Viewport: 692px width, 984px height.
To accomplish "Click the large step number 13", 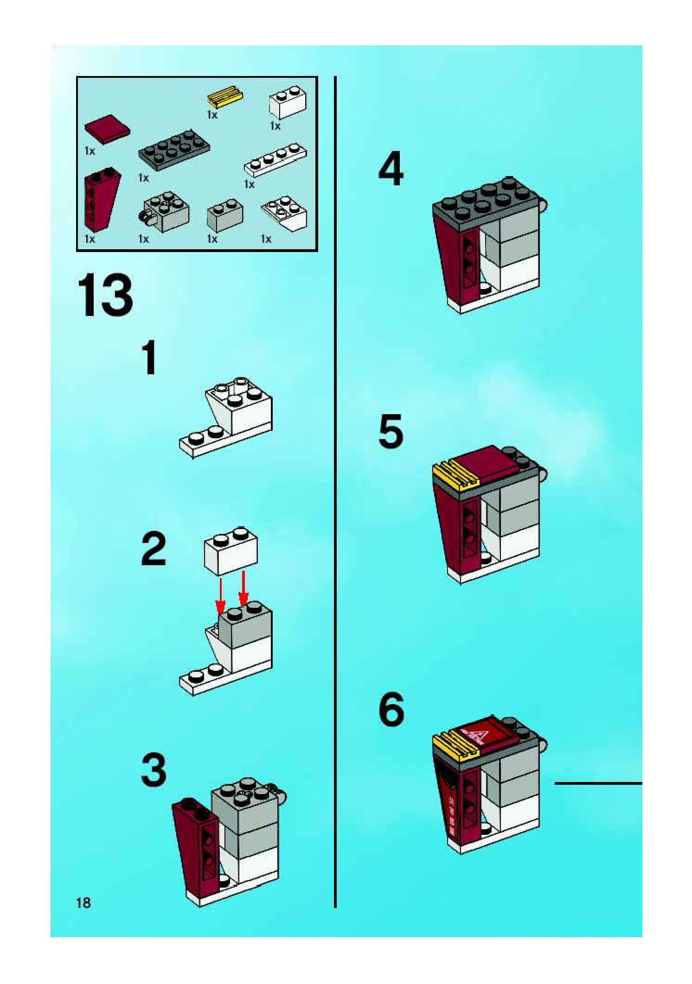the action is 105,296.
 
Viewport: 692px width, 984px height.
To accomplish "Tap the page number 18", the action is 83,902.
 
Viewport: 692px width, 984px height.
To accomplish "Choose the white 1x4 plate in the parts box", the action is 275,160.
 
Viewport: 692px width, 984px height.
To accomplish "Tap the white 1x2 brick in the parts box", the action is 288,102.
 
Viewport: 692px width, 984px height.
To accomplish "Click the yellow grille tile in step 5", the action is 455,475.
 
